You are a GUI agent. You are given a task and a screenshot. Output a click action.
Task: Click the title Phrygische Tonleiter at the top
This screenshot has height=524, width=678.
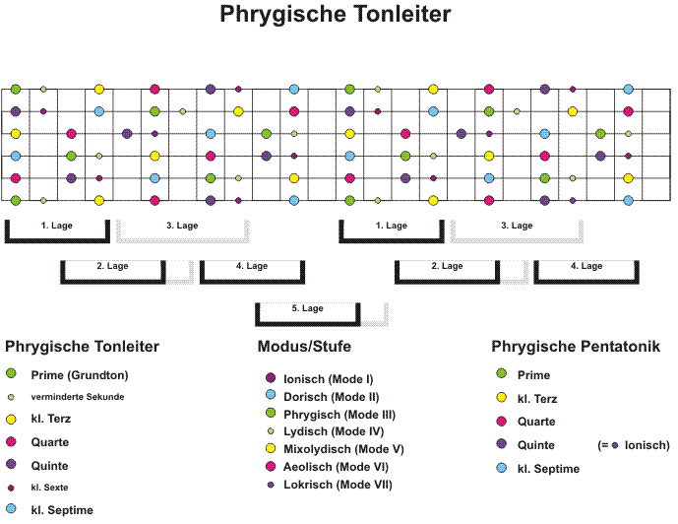click(x=336, y=14)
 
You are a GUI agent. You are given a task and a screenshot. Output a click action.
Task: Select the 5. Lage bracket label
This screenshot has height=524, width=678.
click(x=307, y=308)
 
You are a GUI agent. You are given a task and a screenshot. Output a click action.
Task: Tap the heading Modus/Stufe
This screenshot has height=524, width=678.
click(x=304, y=346)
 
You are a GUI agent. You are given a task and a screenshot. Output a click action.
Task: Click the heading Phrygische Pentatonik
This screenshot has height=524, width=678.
click(x=576, y=347)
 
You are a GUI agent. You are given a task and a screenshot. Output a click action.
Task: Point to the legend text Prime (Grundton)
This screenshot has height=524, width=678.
click(x=80, y=375)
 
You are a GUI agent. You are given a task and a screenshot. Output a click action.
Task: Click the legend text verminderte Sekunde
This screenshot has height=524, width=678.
click(x=78, y=397)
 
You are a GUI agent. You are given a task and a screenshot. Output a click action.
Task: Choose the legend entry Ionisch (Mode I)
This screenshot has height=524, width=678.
click(x=329, y=379)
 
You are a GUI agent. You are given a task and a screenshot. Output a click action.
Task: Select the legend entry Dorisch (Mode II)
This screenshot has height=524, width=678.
click(x=332, y=397)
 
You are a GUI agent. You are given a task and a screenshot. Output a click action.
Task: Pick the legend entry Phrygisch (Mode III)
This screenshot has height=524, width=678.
click(x=339, y=415)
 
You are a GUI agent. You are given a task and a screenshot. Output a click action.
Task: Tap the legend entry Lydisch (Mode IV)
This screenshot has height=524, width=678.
click(x=334, y=431)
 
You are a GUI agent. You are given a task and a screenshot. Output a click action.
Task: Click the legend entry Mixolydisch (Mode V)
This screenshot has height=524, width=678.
click(x=343, y=449)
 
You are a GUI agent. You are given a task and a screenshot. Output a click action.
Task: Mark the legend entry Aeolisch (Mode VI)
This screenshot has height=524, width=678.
click(x=336, y=467)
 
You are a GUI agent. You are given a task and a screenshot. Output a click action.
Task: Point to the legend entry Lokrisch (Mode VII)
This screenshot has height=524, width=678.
click(x=338, y=485)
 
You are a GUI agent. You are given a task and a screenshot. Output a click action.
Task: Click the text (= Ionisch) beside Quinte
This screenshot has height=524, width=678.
click(x=634, y=445)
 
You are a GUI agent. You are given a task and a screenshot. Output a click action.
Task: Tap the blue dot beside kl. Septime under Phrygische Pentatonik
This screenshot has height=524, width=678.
click(x=502, y=468)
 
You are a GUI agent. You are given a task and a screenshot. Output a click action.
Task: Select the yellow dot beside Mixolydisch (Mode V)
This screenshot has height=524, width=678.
click(x=271, y=448)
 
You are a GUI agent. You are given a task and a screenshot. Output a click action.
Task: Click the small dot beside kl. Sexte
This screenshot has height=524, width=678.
click(x=11, y=489)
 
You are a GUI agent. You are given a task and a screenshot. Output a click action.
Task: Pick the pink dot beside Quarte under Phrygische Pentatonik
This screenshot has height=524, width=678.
click(x=502, y=421)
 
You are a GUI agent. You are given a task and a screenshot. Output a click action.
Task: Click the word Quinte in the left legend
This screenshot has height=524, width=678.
click(x=49, y=466)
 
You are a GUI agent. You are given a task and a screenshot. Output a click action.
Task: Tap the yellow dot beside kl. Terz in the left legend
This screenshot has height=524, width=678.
click(x=11, y=419)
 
